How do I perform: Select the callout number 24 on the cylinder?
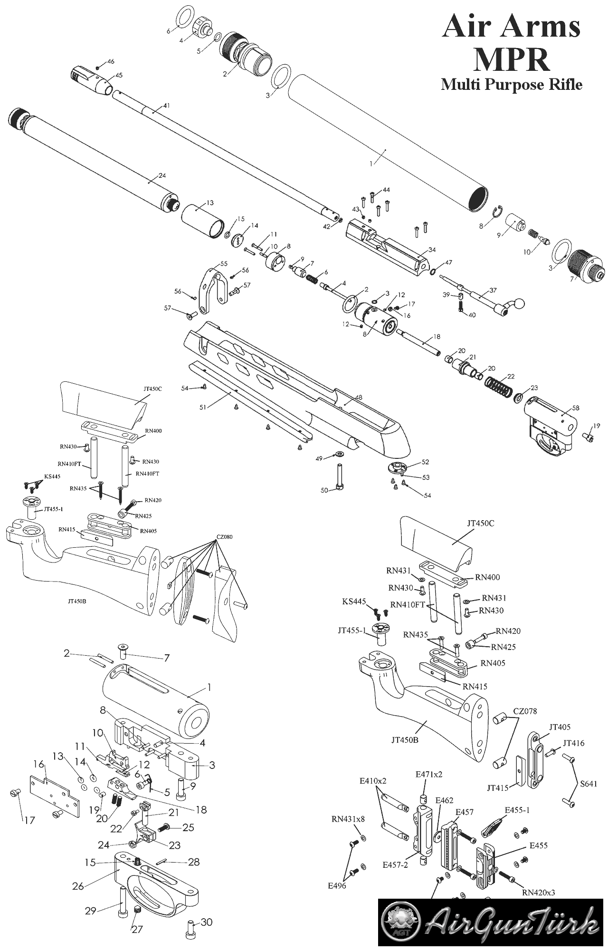pos(162,175)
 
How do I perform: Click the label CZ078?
pos(525,711)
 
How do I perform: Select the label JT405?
pos(560,727)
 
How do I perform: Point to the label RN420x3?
pos(538,893)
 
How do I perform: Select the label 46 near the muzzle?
pos(111,62)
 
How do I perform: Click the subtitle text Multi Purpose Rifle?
pos(512,85)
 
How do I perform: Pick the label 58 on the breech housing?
pos(576,408)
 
